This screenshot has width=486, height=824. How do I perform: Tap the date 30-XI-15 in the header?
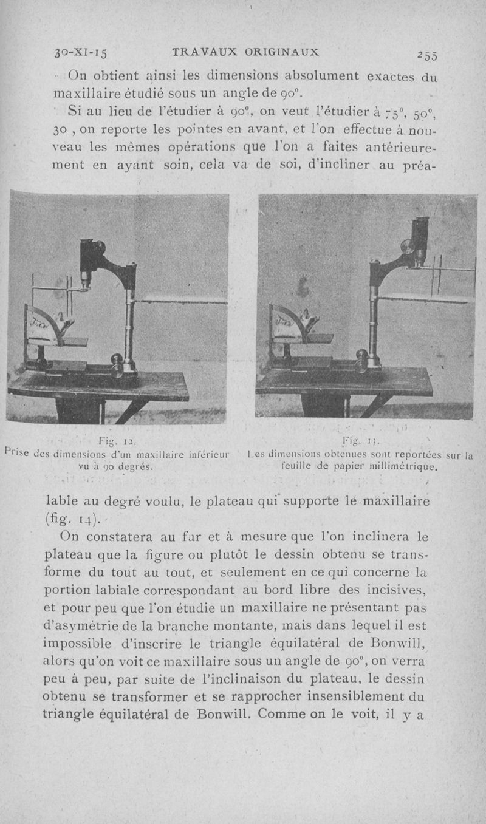(x=80, y=52)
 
